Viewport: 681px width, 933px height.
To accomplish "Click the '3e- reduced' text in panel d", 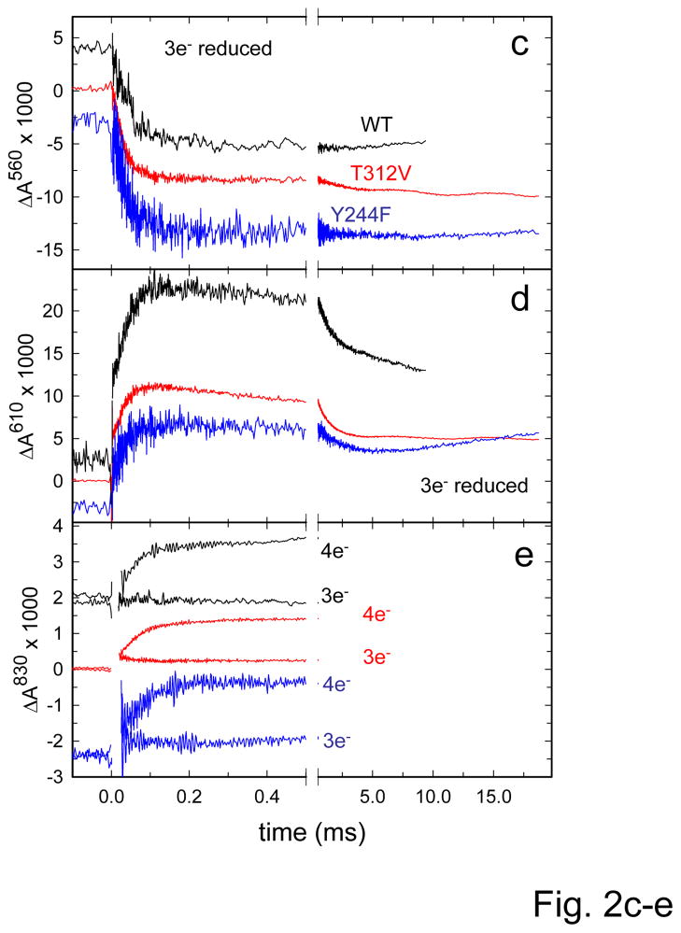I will pos(474,485).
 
